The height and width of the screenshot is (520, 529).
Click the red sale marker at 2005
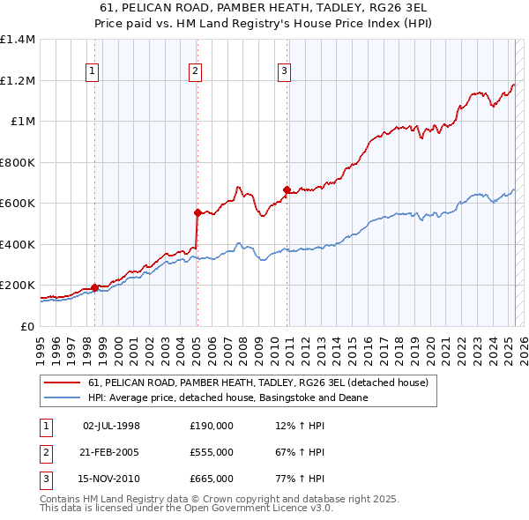point(197,212)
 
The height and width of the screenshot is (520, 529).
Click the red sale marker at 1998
point(94,287)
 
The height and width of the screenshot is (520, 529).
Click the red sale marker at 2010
point(287,189)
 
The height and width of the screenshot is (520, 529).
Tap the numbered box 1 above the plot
point(93,72)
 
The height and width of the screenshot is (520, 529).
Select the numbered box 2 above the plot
point(195,72)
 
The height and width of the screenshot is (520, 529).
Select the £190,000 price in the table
point(212,425)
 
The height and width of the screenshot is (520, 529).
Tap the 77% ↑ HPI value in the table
point(300,479)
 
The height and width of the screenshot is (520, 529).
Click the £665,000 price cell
point(212,479)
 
